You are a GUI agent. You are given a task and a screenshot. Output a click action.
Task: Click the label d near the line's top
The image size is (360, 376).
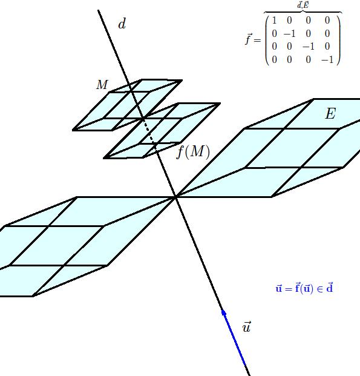(122, 24)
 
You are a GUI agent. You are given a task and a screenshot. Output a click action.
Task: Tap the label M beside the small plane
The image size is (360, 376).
(102, 85)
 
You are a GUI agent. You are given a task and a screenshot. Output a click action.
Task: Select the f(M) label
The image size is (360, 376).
(193, 152)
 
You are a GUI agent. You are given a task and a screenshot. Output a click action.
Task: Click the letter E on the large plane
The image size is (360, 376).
(330, 113)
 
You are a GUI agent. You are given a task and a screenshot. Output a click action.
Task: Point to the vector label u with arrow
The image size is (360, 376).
(247, 326)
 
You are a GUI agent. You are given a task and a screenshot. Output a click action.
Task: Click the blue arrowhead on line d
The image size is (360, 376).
(224, 312)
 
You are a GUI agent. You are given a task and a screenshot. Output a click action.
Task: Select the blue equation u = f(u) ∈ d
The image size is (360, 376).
(304, 288)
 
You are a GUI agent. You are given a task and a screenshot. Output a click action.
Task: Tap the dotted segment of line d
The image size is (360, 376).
(149, 133)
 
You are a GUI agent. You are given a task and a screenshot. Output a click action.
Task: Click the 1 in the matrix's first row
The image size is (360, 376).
(275, 21)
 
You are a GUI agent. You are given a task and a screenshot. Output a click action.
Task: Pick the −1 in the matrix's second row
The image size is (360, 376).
(290, 33)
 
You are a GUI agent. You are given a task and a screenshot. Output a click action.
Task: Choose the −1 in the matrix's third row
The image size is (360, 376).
(309, 46)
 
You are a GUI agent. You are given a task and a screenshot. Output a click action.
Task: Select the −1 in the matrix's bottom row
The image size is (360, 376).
(327, 59)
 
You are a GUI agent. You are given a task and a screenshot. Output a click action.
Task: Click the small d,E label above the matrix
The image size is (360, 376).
(303, 5)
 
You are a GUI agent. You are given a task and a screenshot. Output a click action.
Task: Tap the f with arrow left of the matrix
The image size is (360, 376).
(248, 39)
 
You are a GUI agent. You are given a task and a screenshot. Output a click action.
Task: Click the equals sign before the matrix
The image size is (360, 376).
(257, 40)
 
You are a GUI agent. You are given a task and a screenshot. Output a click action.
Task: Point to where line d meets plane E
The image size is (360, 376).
(176, 197)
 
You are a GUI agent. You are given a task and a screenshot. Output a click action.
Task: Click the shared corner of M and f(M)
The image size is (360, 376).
(143, 118)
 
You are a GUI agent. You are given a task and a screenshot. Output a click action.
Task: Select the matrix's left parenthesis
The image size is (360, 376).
(267, 40)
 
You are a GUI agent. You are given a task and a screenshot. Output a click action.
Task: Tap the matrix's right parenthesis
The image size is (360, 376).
(338, 40)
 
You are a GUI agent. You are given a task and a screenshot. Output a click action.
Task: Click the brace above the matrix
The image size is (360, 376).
(303, 11)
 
